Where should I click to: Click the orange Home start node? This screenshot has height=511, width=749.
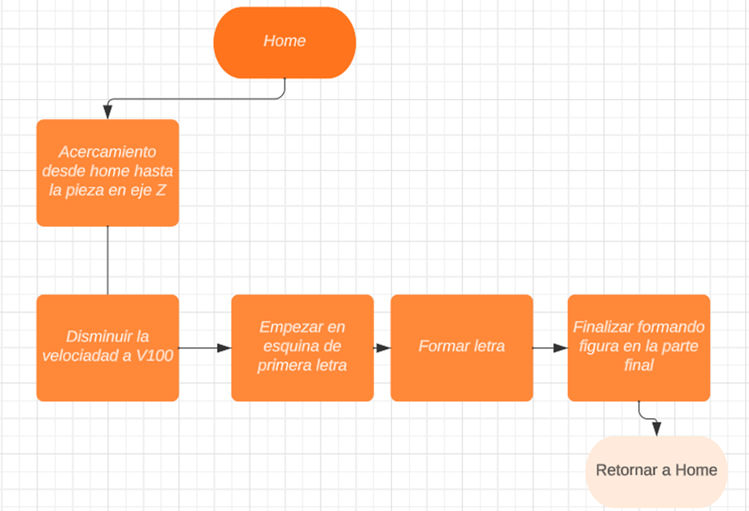click(x=285, y=42)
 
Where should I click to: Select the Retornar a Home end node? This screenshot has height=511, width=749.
click(x=656, y=470)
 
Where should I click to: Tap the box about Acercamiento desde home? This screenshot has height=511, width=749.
click(x=107, y=173)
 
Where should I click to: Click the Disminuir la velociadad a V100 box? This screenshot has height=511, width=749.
click(x=107, y=347)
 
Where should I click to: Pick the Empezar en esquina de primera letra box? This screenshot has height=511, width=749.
click(x=303, y=347)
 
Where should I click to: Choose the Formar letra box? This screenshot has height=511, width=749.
click(x=462, y=347)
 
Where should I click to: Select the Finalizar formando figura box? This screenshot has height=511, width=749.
click(x=638, y=347)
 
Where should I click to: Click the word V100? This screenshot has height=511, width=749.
click(x=153, y=356)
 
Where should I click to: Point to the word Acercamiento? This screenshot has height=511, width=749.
click(x=108, y=152)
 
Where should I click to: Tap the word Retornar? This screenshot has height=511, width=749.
click(x=625, y=470)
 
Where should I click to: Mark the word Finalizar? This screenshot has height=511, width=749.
click(x=601, y=327)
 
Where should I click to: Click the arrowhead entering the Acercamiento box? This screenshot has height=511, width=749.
click(x=107, y=114)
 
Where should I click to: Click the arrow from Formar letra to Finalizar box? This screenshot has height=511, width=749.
click(x=551, y=348)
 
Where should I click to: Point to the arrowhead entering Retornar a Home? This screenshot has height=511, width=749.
click(x=656, y=429)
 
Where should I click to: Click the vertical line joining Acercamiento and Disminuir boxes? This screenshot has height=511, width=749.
click(x=107, y=260)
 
